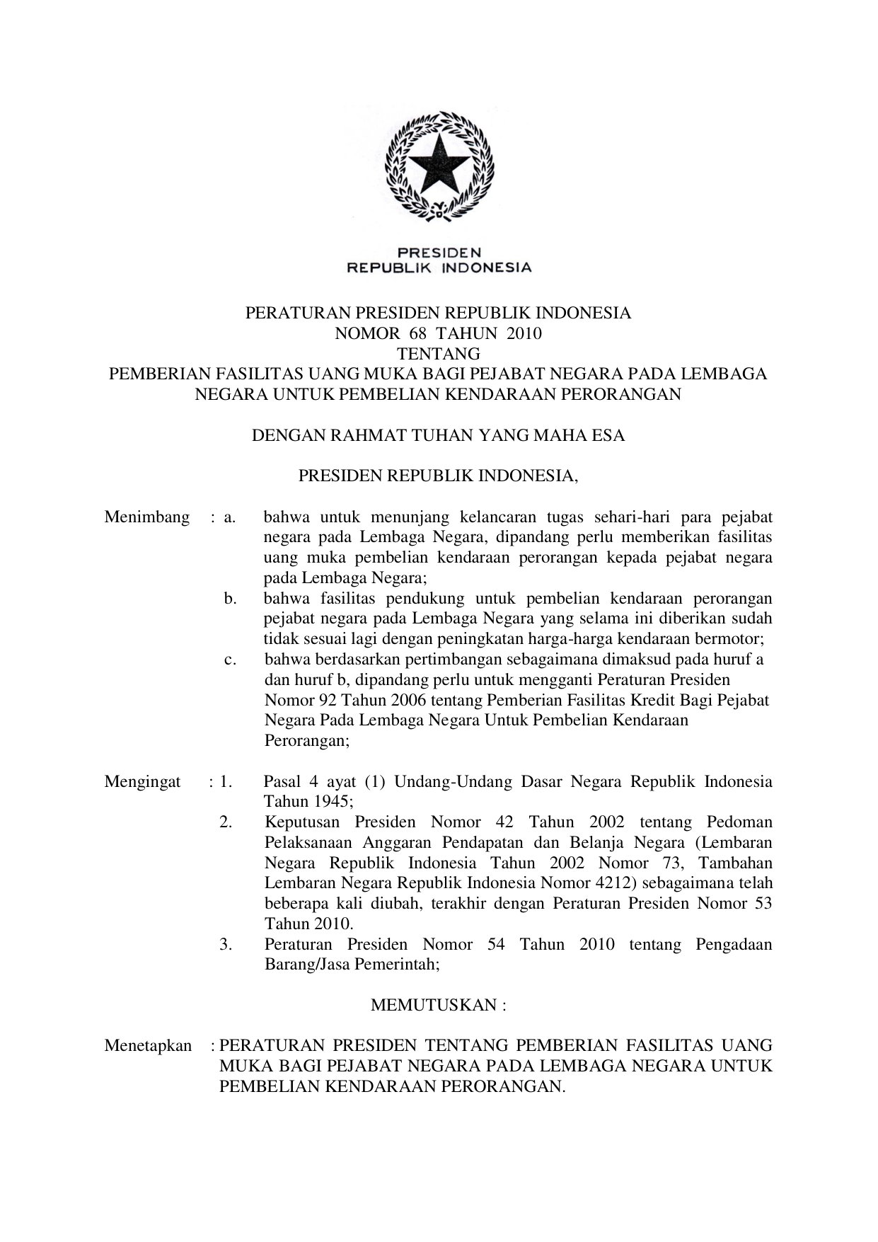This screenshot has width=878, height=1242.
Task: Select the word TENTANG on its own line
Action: point(438,354)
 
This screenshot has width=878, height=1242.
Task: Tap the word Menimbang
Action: point(147,517)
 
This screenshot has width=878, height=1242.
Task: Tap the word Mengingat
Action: point(143,782)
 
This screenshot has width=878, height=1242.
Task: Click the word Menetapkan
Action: point(148,1046)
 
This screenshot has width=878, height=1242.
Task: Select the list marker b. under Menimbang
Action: point(230,599)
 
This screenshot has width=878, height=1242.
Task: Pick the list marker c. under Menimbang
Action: point(230,660)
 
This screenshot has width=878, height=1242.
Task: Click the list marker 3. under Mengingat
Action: point(226,945)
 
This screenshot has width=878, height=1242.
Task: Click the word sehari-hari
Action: point(632,517)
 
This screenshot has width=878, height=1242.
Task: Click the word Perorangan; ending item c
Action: point(307,742)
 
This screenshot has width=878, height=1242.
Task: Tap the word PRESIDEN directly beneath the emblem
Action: point(439,253)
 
